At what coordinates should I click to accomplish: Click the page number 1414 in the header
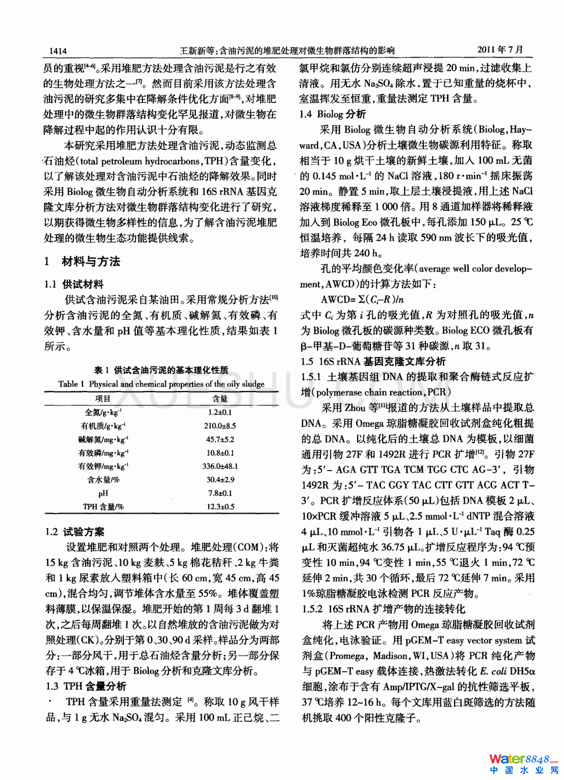58,51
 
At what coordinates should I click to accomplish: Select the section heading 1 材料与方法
82,262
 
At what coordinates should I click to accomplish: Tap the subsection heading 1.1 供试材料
74,284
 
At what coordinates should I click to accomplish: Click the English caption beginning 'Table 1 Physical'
161,384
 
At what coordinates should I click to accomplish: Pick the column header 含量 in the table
220,399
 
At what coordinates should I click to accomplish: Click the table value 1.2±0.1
220,412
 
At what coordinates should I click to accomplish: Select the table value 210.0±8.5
220,426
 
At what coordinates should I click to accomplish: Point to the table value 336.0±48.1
220,466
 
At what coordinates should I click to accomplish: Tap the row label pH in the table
103,493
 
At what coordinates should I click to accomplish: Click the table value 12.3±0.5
220,507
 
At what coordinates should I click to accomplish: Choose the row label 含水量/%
103,480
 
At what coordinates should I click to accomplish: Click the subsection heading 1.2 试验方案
75,532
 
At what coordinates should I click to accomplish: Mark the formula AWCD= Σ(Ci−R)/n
362,300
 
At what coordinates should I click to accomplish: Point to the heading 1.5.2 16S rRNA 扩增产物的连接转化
383,609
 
